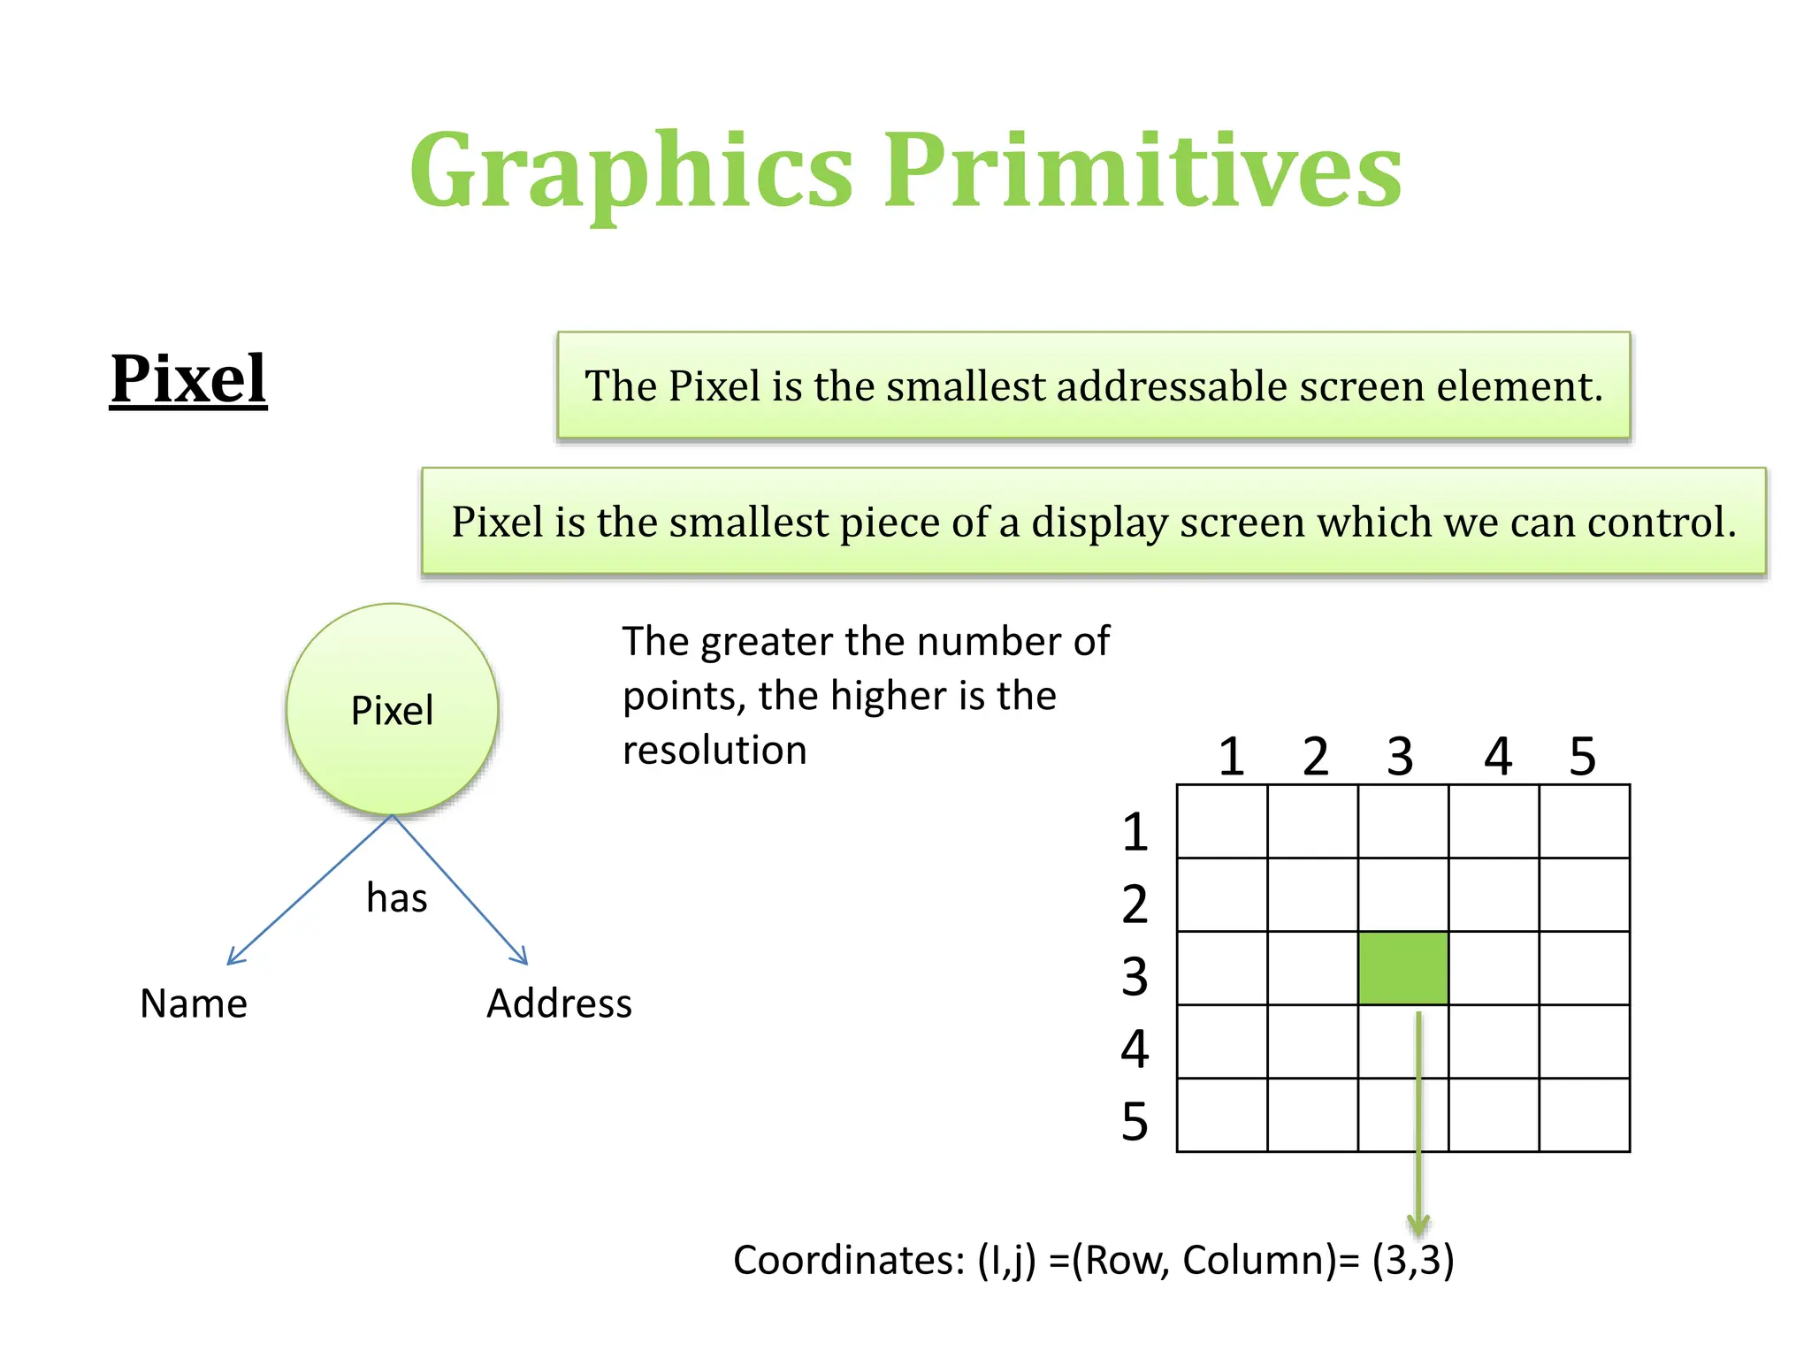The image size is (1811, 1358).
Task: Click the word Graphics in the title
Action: [x=631, y=170]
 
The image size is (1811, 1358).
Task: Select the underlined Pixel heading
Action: [x=188, y=379]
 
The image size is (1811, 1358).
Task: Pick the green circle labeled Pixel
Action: [x=392, y=709]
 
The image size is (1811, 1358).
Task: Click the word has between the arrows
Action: [x=396, y=898]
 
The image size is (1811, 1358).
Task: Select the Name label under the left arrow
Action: [x=194, y=1003]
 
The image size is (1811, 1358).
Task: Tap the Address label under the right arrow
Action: [x=559, y=1003]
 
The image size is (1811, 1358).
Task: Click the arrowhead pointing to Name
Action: [x=233, y=958]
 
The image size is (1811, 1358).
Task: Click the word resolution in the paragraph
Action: [x=714, y=751]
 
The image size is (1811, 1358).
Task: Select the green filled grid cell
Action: [x=1402, y=968]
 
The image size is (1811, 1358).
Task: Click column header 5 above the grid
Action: [x=1582, y=757]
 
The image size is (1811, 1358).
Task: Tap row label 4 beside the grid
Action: [x=1135, y=1049]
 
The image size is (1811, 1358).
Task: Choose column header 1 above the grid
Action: [x=1231, y=757]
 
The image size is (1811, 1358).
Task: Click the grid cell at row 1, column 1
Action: [x=1222, y=821]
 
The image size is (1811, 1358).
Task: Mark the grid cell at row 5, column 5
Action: [x=1584, y=1114]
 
